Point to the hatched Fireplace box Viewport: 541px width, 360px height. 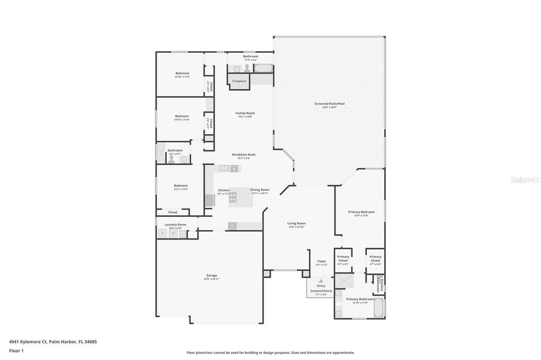click(x=239, y=81)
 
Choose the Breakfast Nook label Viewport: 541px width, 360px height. click(x=244, y=155)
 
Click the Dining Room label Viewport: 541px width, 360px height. click(x=259, y=190)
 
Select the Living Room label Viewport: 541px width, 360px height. click(x=296, y=224)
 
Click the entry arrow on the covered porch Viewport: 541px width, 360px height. click(x=321, y=281)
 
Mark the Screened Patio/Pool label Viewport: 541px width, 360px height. click(x=329, y=105)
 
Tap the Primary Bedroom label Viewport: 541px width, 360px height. click(x=361, y=212)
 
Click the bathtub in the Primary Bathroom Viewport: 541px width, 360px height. click(x=379, y=308)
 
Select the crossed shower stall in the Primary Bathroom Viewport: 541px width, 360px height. click(x=346, y=280)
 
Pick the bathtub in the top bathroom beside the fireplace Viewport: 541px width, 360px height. click(x=263, y=68)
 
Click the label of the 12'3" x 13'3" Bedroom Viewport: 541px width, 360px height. click(x=181, y=186)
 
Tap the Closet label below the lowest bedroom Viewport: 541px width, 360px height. click(x=173, y=212)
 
